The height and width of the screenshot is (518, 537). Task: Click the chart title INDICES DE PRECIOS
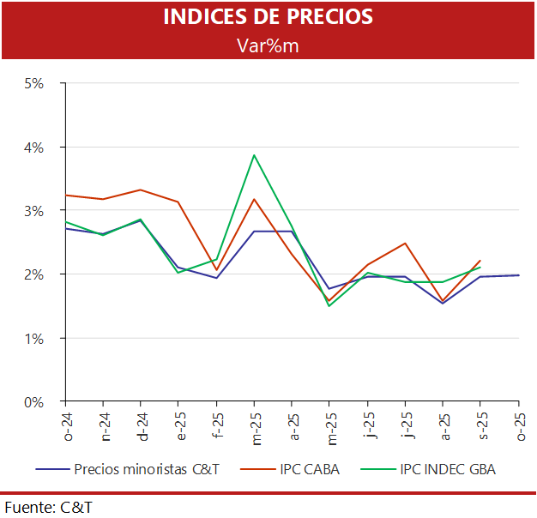tap(268, 18)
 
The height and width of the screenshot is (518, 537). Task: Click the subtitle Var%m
tap(268, 45)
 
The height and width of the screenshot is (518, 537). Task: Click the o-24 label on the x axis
tap(66, 427)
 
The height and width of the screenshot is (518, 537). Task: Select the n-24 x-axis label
tap(104, 427)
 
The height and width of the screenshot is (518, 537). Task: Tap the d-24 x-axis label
tap(142, 427)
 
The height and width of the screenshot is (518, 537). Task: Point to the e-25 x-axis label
tap(179, 427)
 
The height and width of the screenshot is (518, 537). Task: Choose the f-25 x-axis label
tap(217, 427)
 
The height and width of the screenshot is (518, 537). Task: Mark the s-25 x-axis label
tap(481, 427)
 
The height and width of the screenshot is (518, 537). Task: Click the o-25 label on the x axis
tap(519, 427)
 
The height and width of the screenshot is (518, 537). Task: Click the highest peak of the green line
tap(254, 155)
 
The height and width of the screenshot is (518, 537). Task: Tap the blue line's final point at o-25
tap(518, 275)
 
